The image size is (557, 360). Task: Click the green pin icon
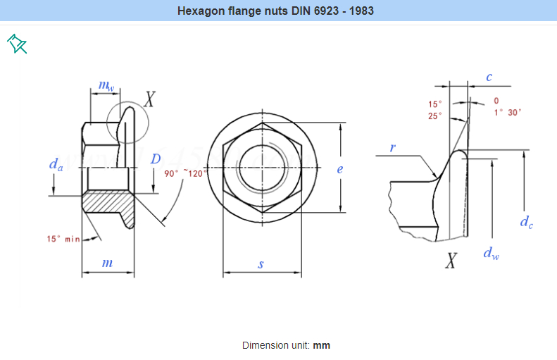click(17, 44)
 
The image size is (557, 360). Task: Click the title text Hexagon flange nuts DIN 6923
click(275, 11)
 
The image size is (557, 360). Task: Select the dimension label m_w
click(106, 86)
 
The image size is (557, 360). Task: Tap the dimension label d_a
click(56, 164)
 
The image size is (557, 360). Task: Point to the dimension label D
click(156, 159)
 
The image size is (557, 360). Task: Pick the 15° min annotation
click(63, 239)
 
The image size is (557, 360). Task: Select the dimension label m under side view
click(107, 263)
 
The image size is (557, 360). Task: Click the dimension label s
click(261, 264)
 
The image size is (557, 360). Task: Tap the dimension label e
click(339, 169)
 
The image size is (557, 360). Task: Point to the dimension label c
click(489, 77)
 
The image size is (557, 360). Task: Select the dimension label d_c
click(526, 222)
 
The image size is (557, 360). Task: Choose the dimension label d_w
click(491, 253)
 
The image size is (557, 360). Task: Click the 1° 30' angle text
click(507, 112)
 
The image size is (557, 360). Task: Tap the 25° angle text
click(435, 116)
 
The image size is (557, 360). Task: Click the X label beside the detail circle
click(149, 99)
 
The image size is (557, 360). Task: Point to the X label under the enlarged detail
click(451, 261)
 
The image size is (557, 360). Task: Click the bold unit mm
click(322, 345)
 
